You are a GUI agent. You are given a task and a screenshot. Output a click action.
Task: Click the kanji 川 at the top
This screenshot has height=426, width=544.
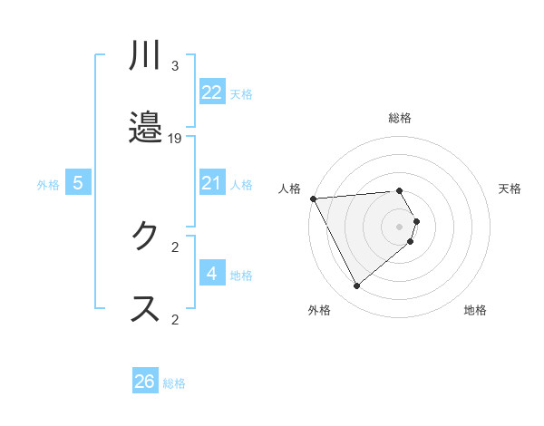(x=145, y=56)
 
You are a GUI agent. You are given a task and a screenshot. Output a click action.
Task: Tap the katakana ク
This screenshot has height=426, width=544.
(x=145, y=237)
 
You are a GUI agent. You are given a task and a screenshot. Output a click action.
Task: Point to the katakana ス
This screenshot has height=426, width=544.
(x=145, y=308)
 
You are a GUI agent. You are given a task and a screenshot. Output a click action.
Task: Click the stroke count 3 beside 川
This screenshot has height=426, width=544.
(x=175, y=66)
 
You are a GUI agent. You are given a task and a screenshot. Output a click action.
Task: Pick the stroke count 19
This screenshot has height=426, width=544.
(x=175, y=138)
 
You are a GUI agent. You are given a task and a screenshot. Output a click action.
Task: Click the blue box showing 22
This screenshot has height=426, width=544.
(x=211, y=92)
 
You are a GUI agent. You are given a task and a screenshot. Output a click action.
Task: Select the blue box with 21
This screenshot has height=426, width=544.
(x=211, y=183)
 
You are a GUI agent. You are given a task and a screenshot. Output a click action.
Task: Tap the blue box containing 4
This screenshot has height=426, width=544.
(x=211, y=274)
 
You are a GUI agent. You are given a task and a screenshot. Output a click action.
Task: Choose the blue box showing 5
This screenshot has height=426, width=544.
(x=78, y=183)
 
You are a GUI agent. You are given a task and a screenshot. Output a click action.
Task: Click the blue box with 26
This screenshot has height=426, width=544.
(x=145, y=382)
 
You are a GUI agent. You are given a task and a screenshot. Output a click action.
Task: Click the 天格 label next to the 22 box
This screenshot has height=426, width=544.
(x=241, y=93)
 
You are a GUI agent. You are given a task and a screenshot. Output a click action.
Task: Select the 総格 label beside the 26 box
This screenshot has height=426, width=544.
(x=174, y=383)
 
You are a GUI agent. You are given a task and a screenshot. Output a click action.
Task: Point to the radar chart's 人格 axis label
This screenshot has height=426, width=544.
(x=289, y=189)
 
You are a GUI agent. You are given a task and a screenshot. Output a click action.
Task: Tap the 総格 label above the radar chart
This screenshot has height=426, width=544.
(x=400, y=118)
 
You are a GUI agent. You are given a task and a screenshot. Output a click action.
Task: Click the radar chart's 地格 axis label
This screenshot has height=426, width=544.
(x=475, y=310)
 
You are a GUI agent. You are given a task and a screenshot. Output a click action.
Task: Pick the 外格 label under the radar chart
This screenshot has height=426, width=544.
(x=319, y=310)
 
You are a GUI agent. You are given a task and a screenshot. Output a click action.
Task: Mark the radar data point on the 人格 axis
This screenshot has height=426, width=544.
(x=313, y=198)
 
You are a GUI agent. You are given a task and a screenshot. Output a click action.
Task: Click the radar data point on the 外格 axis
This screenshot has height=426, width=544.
(x=357, y=286)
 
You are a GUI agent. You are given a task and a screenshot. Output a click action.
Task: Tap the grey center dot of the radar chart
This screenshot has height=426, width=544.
(x=400, y=226)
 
